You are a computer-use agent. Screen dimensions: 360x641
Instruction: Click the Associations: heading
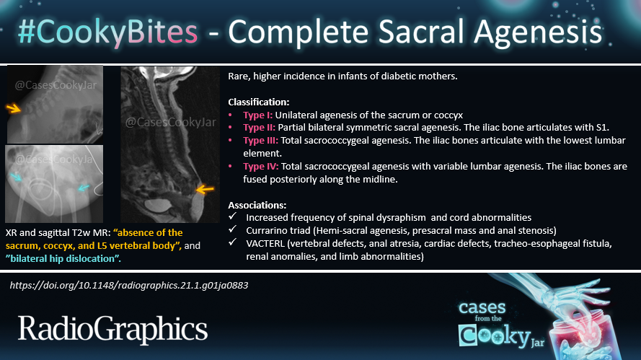tap(258, 204)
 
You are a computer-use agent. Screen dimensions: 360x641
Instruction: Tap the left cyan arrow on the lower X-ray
tap(18, 176)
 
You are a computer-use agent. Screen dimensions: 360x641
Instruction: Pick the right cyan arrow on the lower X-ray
tap(84, 188)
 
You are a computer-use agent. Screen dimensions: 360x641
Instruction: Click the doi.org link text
tap(129, 285)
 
